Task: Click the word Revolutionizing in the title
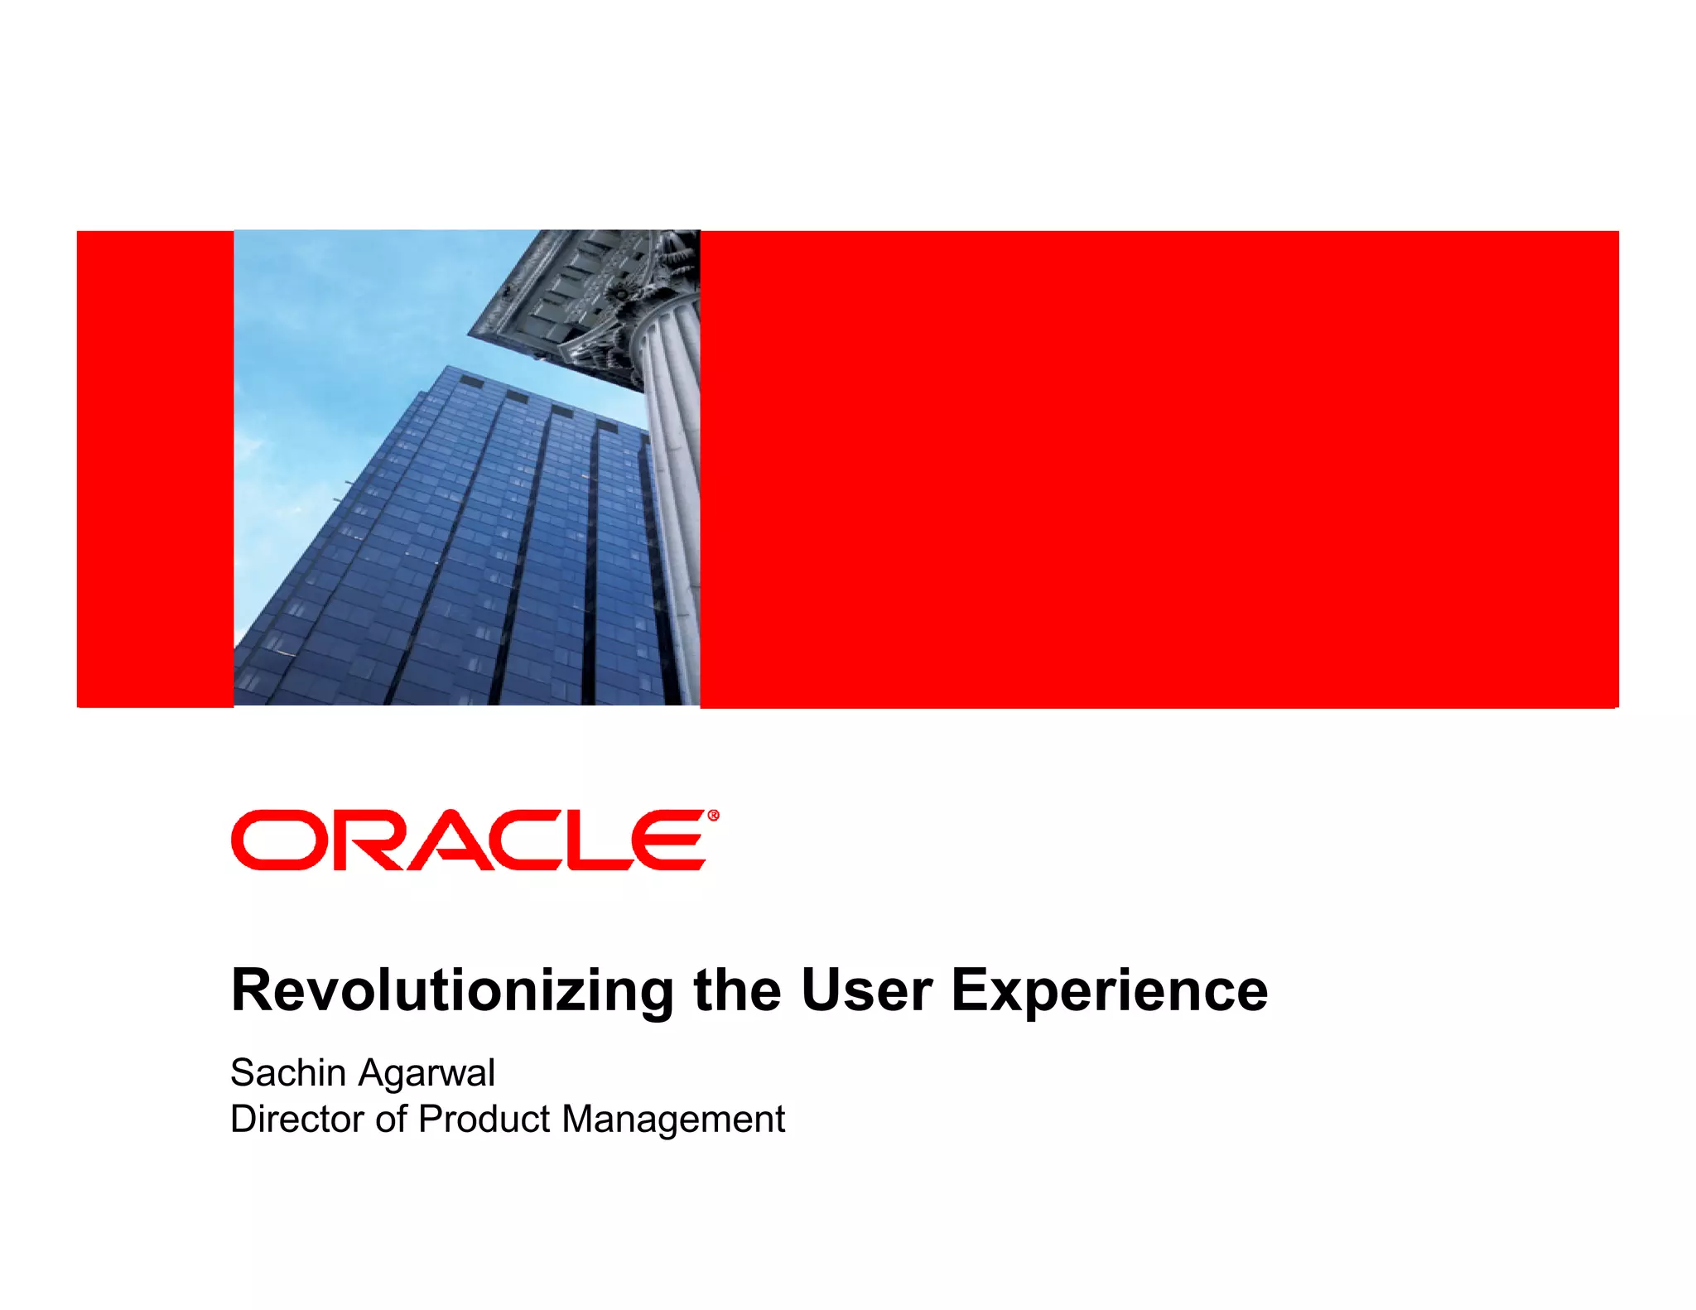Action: (452, 991)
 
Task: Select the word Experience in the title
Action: (1110, 991)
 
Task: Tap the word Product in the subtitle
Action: (484, 1119)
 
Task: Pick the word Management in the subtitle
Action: (672, 1120)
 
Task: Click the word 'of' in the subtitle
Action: (392, 1119)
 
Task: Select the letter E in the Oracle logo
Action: (667, 840)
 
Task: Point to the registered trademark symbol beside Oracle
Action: (714, 816)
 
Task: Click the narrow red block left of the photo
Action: (155, 469)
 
